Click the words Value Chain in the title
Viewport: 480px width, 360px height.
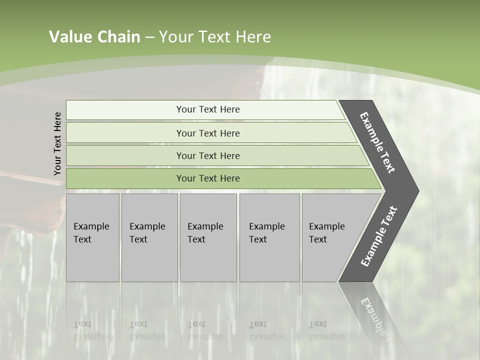[x=94, y=37]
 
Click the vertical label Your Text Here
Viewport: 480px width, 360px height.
[x=57, y=143]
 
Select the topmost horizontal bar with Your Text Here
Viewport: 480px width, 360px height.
[x=207, y=109]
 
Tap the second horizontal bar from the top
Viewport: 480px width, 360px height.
[x=207, y=133]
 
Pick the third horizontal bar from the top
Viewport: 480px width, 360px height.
[x=207, y=155]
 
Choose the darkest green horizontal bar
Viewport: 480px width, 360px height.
[x=207, y=178]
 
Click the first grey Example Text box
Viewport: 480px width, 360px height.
[x=92, y=237]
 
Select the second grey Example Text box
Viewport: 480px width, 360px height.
[x=149, y=237]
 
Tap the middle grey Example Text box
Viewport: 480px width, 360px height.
[x=208, y=237]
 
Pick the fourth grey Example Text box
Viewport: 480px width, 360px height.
[x=269, y=237]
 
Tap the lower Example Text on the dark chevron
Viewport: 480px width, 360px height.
[x=379, y=236]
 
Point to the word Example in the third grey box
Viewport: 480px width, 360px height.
[x=205, y=226]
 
